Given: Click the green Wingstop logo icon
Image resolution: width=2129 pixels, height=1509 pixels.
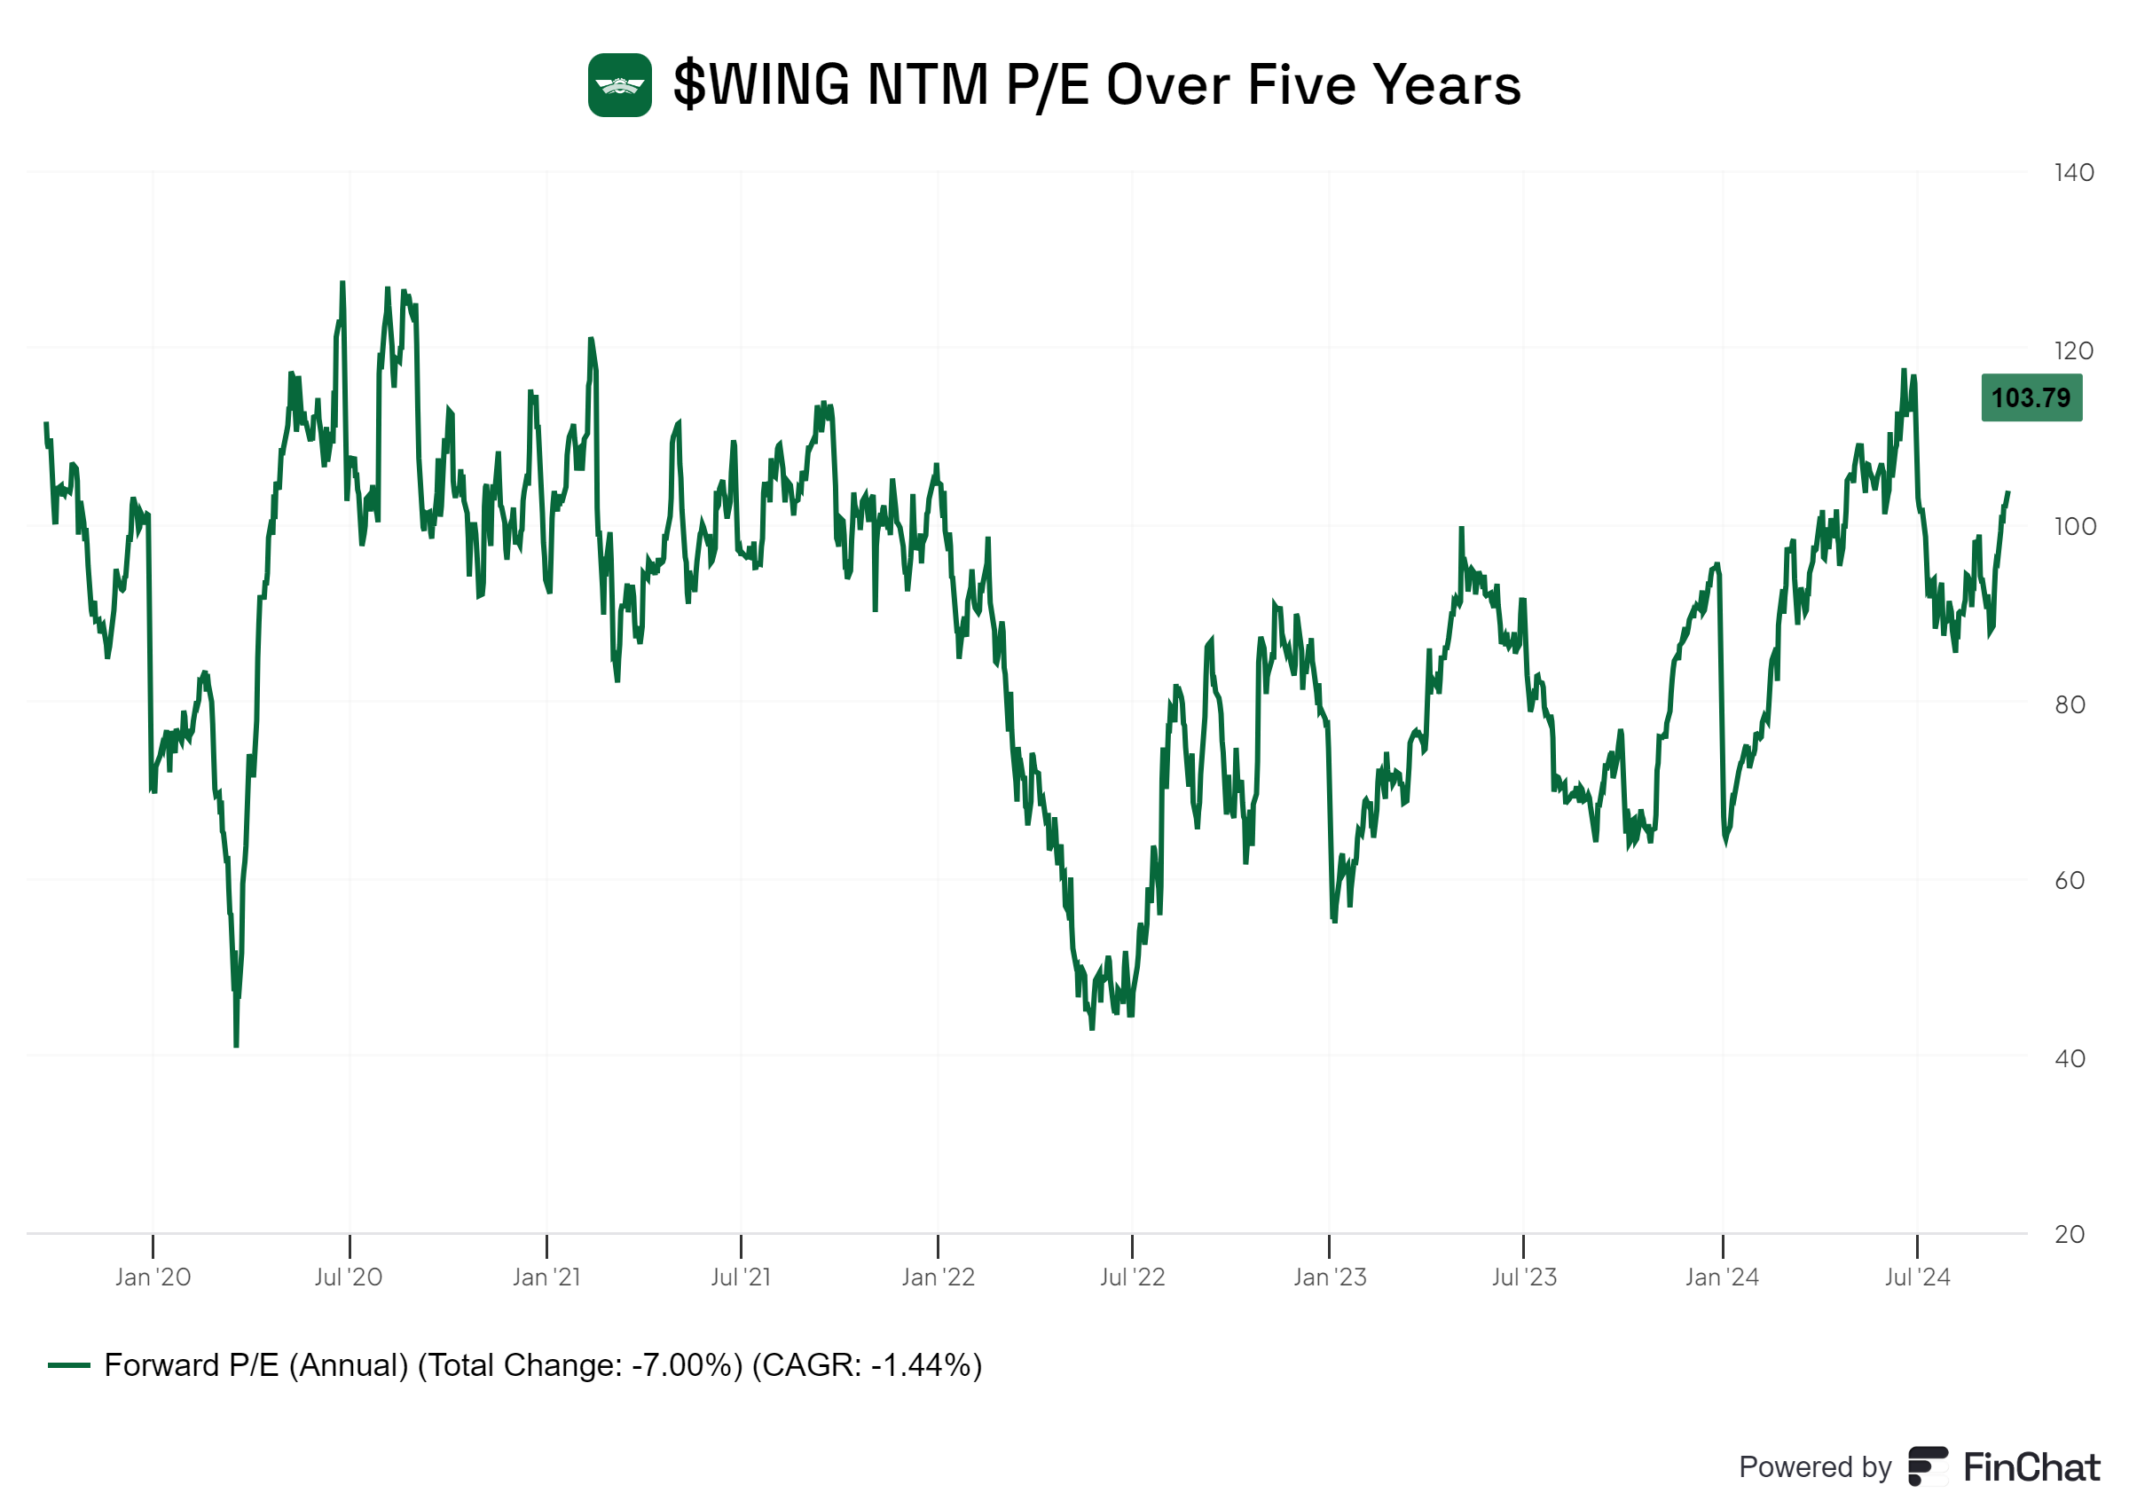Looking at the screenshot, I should coord(619,85).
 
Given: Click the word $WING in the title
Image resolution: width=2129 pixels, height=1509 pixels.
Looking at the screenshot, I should coord(761,85).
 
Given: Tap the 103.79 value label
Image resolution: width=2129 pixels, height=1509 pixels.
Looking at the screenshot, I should coord(2031,397).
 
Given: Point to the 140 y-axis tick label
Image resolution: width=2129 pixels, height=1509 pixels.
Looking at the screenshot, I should coord(2073,173).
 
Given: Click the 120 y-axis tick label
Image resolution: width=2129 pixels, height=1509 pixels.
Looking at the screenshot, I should coord(2073,351).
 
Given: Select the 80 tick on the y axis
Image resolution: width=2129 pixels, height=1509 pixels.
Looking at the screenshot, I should coord(2070,705).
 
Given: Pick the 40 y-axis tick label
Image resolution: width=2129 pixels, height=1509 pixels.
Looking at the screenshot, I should coord(2070,1058).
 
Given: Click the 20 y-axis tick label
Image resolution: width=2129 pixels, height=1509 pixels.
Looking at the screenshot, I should coord(2070,1235).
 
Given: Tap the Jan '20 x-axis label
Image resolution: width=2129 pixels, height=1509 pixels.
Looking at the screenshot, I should coord(153,1277).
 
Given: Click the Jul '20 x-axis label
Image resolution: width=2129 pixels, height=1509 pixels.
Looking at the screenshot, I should coord(349,1277).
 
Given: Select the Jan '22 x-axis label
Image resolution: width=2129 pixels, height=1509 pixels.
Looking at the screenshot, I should coord(939,1277).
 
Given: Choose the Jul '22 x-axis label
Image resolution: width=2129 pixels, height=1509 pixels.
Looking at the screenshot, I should coord(1132,1277).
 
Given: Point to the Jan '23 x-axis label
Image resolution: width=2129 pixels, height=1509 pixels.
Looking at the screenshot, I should coord(1329,1277).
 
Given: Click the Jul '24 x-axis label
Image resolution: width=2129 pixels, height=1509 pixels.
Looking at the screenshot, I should coord(1917,1277).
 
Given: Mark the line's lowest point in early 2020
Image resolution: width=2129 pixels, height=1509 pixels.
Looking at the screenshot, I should coord(236,1045).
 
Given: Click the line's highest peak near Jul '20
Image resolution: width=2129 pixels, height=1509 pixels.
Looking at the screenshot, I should coord(342,282).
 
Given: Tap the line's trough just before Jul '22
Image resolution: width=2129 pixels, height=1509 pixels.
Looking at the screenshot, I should coord(1091,1027).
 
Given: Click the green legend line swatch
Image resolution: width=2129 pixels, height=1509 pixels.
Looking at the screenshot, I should coord(68,1366).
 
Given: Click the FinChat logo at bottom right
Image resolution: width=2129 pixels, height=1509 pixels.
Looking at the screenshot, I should coord(2005,1468).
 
